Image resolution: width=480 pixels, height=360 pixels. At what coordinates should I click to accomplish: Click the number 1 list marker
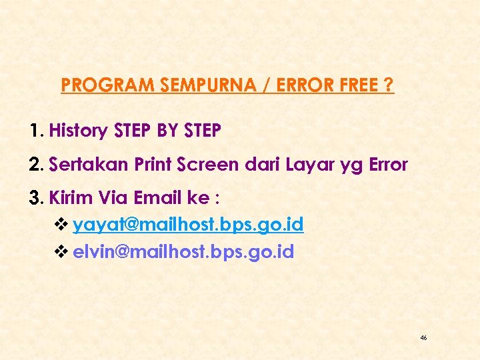[x=37, y=131]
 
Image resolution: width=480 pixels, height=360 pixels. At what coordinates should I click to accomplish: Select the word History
[x=78, y=131]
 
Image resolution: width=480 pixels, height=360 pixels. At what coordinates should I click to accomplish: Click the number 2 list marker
[x=37, y=165]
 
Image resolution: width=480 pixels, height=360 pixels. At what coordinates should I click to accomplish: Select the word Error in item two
[x=387, y=165]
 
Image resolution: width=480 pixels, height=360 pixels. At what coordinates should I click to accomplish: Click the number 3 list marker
[x=37, y=198]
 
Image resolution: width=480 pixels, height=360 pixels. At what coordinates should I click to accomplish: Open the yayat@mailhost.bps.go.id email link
[x=188, y=225]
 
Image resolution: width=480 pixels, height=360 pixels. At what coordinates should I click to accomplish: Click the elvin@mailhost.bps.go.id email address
[x=183, y=253]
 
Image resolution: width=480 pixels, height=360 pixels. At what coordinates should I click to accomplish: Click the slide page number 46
[x=423, y=338]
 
